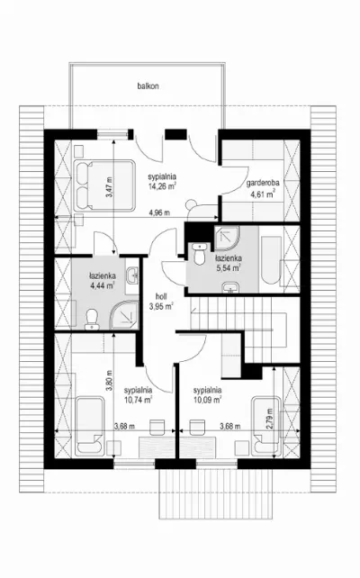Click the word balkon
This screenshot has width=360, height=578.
(148, 86)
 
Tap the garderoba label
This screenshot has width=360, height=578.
(263, 183)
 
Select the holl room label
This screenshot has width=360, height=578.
(161, 296)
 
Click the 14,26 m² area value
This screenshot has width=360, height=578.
(162, 186)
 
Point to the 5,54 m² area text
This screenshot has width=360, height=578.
(228, 268)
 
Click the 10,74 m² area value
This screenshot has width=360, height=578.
(139, 399)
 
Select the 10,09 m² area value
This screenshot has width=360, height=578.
(208, 399)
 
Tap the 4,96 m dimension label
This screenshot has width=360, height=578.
(159, 212)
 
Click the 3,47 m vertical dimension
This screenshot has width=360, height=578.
(109, 187)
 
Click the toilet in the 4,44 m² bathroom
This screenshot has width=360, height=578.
(92, 320)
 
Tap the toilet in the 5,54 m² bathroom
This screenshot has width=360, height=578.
(200, 253)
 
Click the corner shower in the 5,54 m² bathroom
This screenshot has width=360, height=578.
(227, 237)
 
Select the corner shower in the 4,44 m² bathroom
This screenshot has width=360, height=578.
(124, 314)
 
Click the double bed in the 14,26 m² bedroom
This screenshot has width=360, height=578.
(104, 185)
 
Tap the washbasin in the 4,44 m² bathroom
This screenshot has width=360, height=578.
(132, 275)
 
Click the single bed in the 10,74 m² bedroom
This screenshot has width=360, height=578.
(89, 426)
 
